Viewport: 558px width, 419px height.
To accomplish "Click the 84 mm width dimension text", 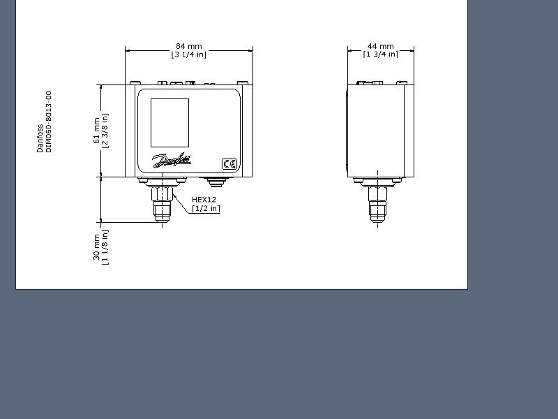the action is coord(188,46).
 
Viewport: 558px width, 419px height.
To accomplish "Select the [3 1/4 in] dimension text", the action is coord(188,54).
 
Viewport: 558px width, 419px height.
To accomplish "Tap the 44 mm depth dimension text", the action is coord(380,46).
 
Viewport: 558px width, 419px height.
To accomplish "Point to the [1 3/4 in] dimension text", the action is coord(380,54).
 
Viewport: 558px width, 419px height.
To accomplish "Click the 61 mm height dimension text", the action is coord(96,131).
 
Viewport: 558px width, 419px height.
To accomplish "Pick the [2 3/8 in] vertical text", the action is coord(105,131).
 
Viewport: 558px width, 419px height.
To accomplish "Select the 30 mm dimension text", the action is coord(96,247).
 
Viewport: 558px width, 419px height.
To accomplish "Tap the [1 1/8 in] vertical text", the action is coord(105,247).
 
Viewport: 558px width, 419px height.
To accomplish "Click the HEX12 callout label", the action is coord(204,200).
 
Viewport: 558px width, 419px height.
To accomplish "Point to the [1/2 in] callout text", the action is coord(206,208).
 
